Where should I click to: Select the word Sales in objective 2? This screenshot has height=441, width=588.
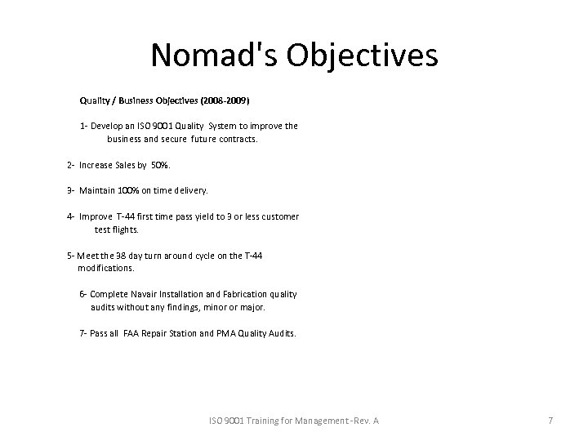pos(122,165)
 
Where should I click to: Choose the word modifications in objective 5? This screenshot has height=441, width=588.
pos(106,268)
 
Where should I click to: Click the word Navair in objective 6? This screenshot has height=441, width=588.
pos(140,294)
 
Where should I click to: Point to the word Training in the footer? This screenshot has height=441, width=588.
pos(259,421)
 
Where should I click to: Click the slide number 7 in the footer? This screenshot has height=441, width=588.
pos(550,421)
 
